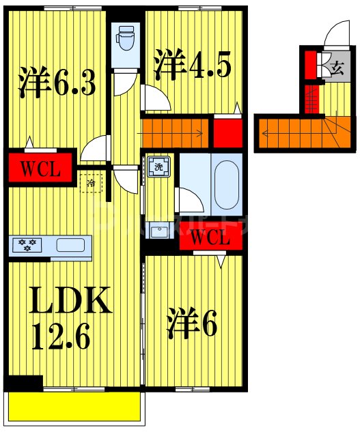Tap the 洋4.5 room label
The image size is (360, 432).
coord(192,64)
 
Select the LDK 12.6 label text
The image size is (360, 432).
coord(68,317)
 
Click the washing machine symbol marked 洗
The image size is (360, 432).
coord(158,167)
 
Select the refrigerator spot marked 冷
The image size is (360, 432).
coord(91,183)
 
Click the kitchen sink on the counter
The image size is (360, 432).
coord(70,245)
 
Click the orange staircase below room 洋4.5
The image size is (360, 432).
coord(176,130)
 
